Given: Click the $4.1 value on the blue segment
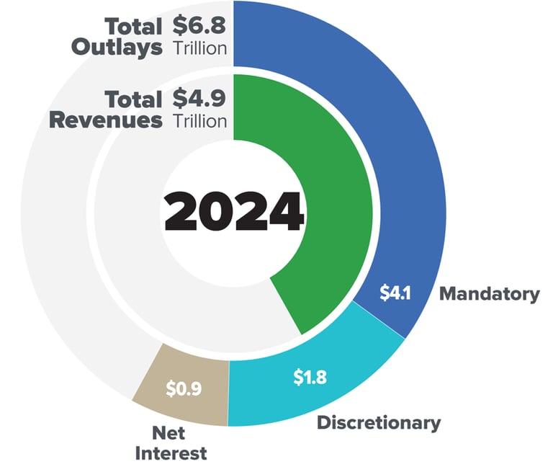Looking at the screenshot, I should point(395,295).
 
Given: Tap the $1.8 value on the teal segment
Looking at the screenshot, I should point(310,377).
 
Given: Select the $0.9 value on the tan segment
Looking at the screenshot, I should point(184,388).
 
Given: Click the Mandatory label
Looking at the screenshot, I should point(489,294).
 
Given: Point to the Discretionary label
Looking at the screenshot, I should point(379,422).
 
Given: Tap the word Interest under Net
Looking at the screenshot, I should point(171,453).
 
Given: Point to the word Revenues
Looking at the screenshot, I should point(105,120).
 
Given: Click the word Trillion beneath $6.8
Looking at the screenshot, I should point(200,48).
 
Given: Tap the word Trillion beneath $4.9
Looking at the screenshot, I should point(200,120).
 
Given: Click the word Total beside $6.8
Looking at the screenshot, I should point(133,27).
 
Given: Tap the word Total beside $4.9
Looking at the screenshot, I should point(133,98).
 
